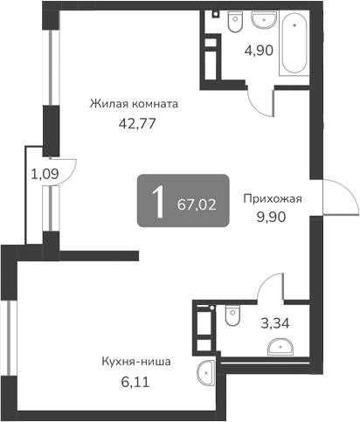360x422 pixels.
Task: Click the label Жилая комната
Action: tap(134, 103)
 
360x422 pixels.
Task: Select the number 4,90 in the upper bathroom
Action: tap(260, 50)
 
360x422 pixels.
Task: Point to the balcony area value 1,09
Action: tap(45, 173)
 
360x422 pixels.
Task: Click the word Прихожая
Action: tap(273, 198)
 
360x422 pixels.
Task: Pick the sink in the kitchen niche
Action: tap(206, 373)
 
